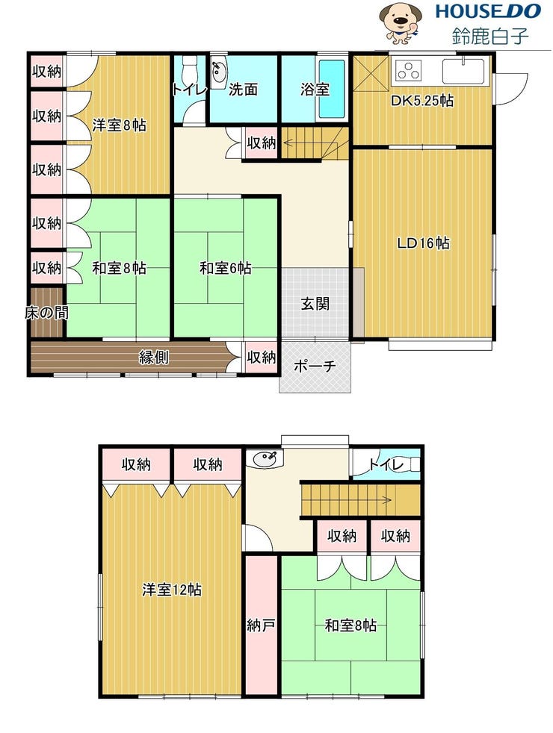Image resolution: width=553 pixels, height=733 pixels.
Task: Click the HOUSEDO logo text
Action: pos(488,11)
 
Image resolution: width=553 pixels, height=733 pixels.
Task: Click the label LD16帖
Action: pos(423,243)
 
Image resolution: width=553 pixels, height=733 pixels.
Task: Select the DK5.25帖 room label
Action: pos(422,101)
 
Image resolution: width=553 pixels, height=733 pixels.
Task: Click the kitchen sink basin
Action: pos(463,71)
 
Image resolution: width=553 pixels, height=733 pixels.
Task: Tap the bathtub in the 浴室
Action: pos(332,89)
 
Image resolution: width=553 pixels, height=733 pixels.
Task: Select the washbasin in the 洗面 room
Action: pos(218,72)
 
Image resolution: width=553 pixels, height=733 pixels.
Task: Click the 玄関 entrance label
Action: pos(315,304)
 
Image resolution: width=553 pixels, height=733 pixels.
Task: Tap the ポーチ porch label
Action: pos(315,366)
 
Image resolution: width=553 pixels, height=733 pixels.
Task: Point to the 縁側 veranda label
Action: pos(153,357)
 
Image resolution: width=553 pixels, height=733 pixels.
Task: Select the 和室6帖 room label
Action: pos(226,268)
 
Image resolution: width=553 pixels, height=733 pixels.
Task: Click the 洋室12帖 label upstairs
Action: pos(172,590)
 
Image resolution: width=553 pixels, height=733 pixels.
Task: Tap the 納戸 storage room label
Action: pos(261,625)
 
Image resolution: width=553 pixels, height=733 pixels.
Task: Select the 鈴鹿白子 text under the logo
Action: pos(490,36)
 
